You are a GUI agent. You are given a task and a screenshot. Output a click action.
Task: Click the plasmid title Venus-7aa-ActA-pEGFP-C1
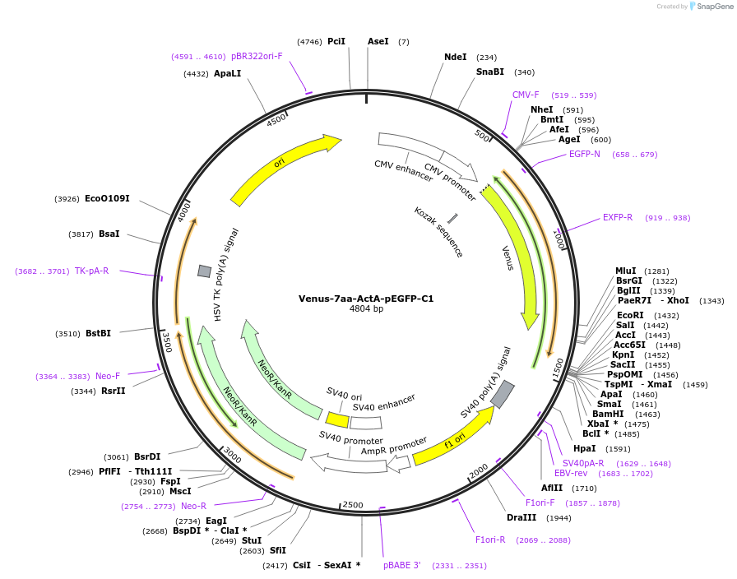[x=366, y=299]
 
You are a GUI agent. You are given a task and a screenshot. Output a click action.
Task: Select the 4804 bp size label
[x=366, y=309]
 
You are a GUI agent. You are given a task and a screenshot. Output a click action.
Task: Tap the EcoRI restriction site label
[x=630, y=315]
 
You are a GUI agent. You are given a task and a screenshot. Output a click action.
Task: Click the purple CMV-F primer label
[x=526, y=95]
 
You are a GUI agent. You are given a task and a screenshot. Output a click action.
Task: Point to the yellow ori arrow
[x=284, y=169]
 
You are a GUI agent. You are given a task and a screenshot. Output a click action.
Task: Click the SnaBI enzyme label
[x=489, y=72]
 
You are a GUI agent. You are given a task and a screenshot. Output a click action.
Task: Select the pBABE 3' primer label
[x=401, y=566]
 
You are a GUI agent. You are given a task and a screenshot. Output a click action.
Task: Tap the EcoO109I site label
[x=107, y=199]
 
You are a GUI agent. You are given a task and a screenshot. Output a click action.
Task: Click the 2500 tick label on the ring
[x=353, y=504]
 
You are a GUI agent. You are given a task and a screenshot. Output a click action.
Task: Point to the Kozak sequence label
[x=438, y=232]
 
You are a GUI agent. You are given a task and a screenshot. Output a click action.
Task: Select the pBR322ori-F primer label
[x=257, y=56]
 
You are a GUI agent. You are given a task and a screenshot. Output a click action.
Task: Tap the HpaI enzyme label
[x=584, y=448]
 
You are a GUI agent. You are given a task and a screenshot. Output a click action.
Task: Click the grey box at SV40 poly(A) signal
[x=503, y=394]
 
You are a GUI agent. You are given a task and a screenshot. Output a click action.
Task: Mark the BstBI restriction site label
[x=98, y=333]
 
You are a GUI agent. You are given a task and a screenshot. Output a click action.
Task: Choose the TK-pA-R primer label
[x=91, y=271]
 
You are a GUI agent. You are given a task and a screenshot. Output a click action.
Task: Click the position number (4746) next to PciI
[x=309, y=41]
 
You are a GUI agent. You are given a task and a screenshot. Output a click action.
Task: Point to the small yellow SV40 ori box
[x=337, y=419]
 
